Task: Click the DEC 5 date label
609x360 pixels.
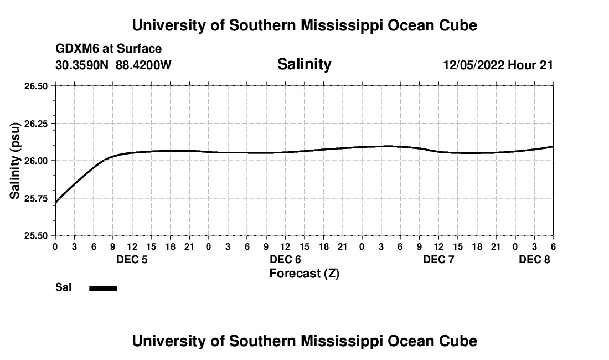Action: pos(132,259)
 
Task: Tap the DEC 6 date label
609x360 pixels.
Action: pos(285,259)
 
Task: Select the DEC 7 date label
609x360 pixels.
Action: pos(438,259)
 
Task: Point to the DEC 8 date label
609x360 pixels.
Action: pos(534,259)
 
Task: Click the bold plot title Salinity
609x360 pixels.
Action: pos(304,64)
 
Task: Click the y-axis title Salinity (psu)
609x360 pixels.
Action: pos(16,161)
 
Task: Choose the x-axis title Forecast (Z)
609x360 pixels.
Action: pos(304,274)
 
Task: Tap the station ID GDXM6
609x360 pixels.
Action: pos(75,49)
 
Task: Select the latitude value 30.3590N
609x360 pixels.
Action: pos(82,65)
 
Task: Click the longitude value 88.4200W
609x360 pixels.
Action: pos(143,65)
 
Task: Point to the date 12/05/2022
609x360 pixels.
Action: pos(473,65)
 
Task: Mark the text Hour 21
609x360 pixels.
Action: pos(530,65)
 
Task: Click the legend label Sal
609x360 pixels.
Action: pos(63,287)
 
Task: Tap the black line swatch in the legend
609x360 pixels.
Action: pos(103,288)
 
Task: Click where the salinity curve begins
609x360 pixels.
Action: pos(55,203)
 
